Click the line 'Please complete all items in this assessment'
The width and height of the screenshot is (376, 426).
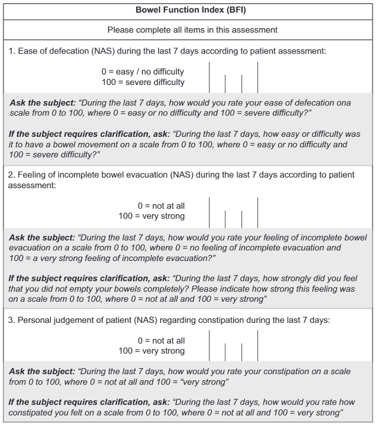[x=192, y=29]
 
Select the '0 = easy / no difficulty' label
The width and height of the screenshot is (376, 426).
[x=143, y=72]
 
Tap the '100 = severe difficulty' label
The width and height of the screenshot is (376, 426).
[x=143, y=82]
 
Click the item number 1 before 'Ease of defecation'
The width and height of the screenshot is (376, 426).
[x=11, y=51]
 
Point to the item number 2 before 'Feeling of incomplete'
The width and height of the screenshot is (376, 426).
[x=11, y=174]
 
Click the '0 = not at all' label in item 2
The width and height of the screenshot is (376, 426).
[x=161, y=206]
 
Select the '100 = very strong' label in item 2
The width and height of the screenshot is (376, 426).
[x=152, y=216]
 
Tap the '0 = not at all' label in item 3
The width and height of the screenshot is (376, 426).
[x=161, y=340]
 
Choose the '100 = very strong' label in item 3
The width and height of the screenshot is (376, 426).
[x=152, y=351]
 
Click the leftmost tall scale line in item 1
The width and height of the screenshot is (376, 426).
[x=210, y=77]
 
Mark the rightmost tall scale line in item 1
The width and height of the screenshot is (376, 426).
[x=258, y=77]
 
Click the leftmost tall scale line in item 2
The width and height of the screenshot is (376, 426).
[x=210, y=212]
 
